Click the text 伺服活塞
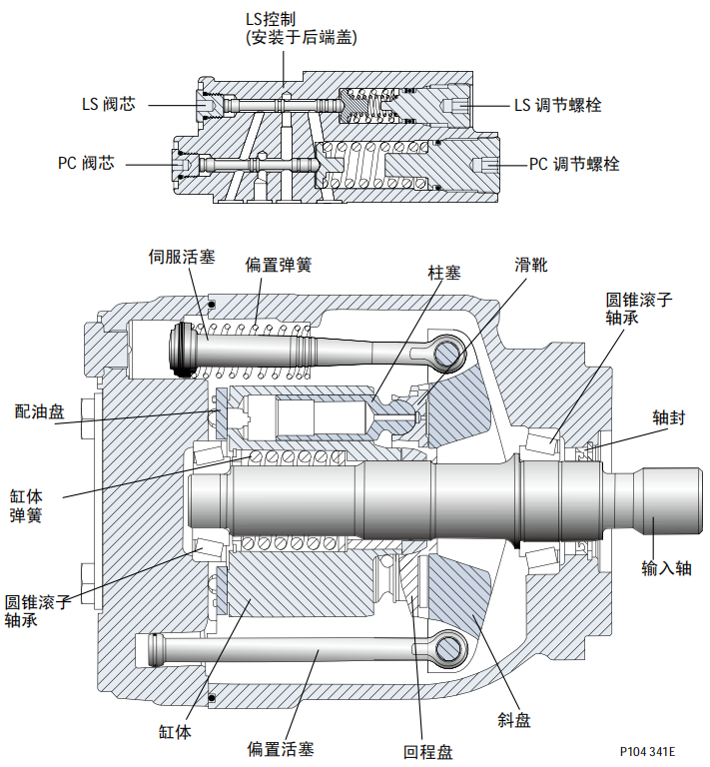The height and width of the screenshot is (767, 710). tap(182, 257)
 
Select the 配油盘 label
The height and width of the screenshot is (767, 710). tap(38, 410)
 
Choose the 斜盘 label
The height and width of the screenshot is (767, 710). tap(514, 720)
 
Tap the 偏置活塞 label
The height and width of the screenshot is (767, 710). tap(279, 748)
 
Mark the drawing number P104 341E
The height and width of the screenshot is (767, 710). tap(647, 751)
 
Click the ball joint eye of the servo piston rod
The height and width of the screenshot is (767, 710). tap(449, 353)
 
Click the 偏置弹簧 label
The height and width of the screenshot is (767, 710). tap(279, 266)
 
